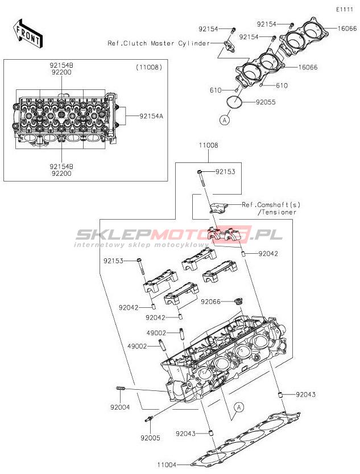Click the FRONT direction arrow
[x=28, y=34]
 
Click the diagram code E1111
[x=345, y=9]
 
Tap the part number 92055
[x=266, y=102]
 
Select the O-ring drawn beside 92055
[x=234, y=102]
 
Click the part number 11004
[x=167, y=464]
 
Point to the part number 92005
[x=150, y=438]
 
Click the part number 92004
[x=120, y=407]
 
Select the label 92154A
[x=151, y=116]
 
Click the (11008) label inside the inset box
[x=148, y=67]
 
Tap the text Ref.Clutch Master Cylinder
[x=159, y=43]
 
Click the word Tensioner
[x=279, y=212]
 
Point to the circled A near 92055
[x=225, y=120]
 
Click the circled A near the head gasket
[x=239, y=407]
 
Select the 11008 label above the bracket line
[x=208, y=146]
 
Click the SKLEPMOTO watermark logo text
[x=179, y=234]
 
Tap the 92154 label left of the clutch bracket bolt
[x=208, y=29]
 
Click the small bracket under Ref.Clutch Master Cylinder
[x=229, y=46]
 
